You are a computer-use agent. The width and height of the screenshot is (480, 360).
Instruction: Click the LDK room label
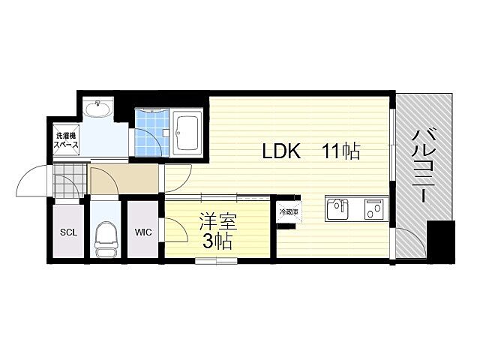282,151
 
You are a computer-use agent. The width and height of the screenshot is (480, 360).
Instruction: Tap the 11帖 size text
341,151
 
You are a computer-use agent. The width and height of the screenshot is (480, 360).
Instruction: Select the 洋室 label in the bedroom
218,222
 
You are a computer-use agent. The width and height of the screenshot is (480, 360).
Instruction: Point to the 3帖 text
217,241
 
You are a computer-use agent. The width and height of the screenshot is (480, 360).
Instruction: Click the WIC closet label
143,232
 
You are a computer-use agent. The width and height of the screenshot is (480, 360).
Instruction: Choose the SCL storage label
68,232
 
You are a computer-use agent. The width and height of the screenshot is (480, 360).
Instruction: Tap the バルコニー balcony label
423,166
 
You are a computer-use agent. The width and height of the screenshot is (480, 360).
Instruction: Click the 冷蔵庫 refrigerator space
289,211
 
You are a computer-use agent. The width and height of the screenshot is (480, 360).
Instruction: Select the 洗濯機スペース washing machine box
66,140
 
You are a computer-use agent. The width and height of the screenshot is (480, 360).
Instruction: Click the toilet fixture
106,239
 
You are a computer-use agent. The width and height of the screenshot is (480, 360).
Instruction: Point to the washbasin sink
98,108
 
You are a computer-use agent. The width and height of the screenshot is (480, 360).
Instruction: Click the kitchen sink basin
337,208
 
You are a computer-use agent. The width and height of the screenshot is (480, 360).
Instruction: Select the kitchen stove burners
373,208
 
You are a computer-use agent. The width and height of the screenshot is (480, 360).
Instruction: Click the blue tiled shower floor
151,133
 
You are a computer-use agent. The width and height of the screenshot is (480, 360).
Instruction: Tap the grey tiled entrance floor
70,180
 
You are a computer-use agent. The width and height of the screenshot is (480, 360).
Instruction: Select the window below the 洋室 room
216,261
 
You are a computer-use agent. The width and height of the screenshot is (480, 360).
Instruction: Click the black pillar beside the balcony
440,241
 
